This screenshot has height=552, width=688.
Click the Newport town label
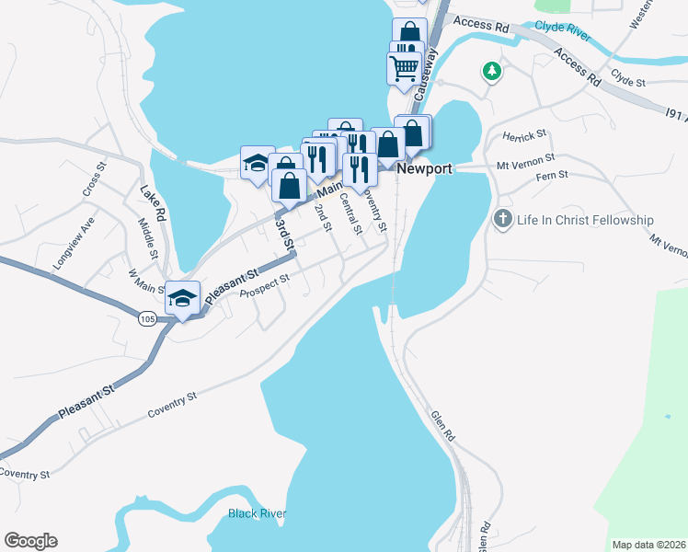click(x=424, y=169)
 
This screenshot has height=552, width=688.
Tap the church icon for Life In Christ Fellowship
click(x=502, y=219)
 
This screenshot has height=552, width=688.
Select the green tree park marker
click(x=493, y=70)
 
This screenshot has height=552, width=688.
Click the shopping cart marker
click(x=405, y=67)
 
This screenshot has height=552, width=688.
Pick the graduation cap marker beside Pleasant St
click(x=183, y=297)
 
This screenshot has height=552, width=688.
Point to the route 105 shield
click(x=147, y=318)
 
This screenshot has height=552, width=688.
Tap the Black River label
click(x=257, y=513)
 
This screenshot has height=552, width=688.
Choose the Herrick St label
click(x=524, y=134)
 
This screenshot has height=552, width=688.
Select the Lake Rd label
click(x=152, y=204)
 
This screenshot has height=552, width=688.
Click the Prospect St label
click(x=264, y=286)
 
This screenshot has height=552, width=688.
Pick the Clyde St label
click(x=629, y=81)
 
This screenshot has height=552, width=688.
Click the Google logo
click(x=30, y=541)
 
